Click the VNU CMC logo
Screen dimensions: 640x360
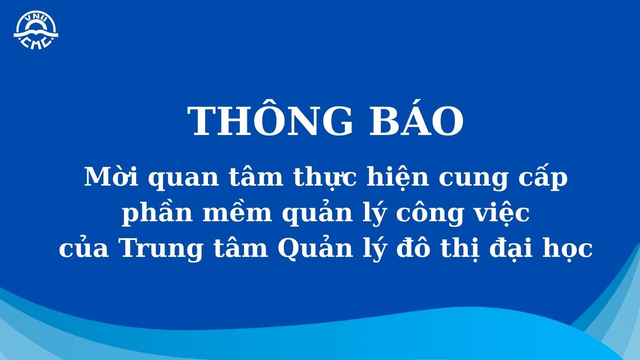pos(36,30)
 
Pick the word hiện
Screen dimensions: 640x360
pos(398,177)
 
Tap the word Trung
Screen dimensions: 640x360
pos(162,250)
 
